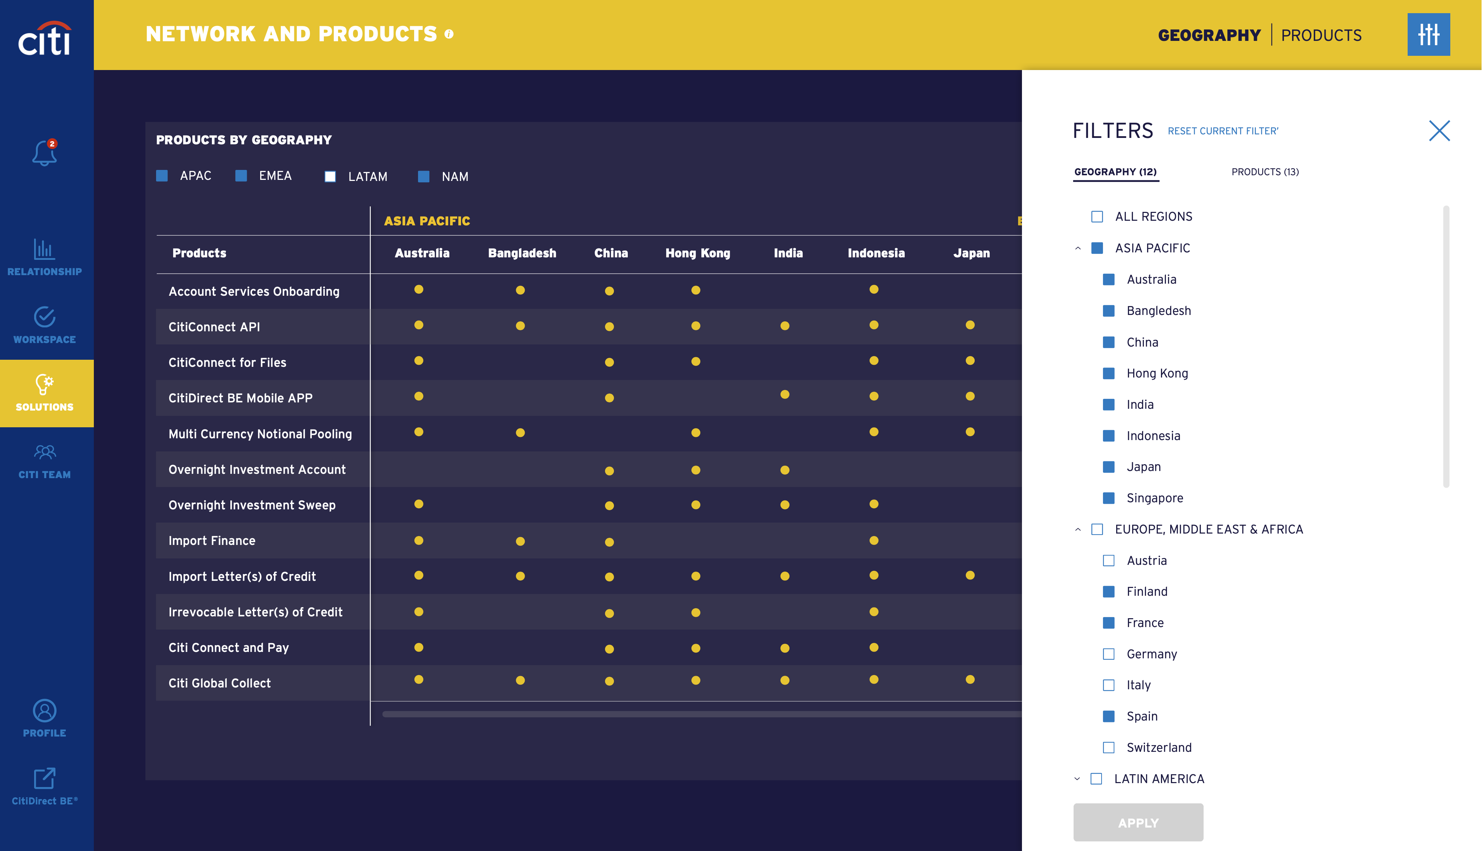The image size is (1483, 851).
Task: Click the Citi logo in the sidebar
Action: click(x=44, y=39)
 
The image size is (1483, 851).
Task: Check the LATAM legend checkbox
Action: click(x=330, y=177)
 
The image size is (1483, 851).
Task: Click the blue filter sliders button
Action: click(x=1428, y=34)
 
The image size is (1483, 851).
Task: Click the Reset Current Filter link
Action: click(x=1222, y=131)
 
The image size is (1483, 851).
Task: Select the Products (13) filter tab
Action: click(x=1264, y=172)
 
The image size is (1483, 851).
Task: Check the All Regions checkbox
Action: click(x=1097, y=217)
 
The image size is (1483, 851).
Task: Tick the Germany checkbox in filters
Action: click(x=1108, y=654)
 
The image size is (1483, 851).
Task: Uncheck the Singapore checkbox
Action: click(x=1108, y=498)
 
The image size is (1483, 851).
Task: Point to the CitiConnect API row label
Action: click(x=214, y=327)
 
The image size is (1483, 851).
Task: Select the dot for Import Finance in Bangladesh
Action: click(x=520, y=541)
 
